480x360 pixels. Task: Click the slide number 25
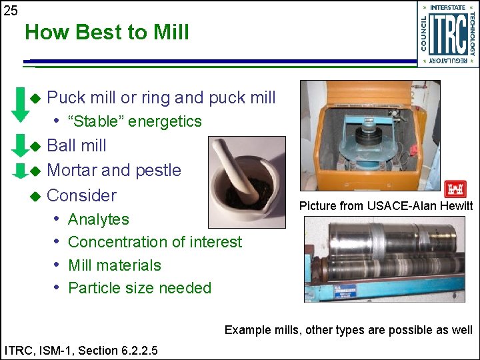click(11, 11)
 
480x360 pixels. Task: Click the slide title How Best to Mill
click(107, 32)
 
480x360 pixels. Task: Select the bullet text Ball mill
click(77, 145)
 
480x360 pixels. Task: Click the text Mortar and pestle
click(114, 170)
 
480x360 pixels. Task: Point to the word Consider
click(81, 195)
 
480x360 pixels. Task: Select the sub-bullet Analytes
click(99, 219)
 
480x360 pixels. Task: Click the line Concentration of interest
click(155, 242)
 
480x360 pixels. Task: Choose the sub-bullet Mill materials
click(115, 265)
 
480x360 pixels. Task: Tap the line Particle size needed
click(139, 288)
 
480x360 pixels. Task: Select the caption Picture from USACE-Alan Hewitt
click(385, 206)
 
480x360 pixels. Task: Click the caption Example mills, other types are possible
click(348, 329)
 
